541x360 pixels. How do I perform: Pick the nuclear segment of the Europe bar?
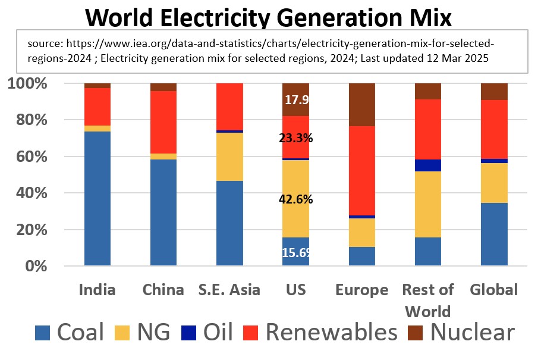click(x=361, y=105)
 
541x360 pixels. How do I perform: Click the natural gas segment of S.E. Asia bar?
click(x=229, y=156)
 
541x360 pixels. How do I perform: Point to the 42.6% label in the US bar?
click(x=295, y=199)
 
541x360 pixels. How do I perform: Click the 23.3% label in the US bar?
click(x=295, y=139)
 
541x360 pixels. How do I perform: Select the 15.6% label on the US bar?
click(x=295, y=252)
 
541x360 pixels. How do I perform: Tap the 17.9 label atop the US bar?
click(x=295, y=100)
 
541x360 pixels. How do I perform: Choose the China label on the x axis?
click(x=163, y=290)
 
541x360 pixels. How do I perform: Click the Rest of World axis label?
click(x=427, y=300)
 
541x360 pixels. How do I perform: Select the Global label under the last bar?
click(x=494, y=290)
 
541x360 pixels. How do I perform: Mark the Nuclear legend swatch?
click(x=416, y=332)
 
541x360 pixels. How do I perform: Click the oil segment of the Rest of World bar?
click(x=427, y=165)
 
